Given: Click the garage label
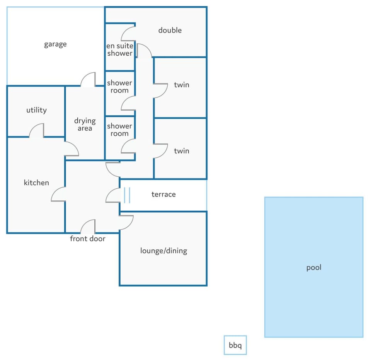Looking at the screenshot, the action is click(x=55, y=44).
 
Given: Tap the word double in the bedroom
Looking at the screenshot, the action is click(x=170, y=30).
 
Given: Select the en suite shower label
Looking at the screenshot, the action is click(x=120, y=49).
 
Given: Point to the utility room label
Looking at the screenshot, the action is click(x=36, y=110).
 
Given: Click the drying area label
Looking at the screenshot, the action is click(x=85, y=124).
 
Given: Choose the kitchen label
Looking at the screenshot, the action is click(x=36, y=183).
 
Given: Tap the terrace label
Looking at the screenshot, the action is click(x=163, y=195).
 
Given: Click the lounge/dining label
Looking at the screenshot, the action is click(x=163, y=251).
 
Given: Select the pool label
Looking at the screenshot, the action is click(x=314, y=268).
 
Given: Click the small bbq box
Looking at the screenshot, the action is click(x=235, y=345).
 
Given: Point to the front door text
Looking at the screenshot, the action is click(x=88, y=239).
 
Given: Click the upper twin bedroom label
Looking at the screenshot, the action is click(x=182, y=85).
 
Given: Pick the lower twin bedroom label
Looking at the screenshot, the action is click(x=182, y=151).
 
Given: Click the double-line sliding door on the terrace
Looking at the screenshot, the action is click(x=127, y=195).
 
